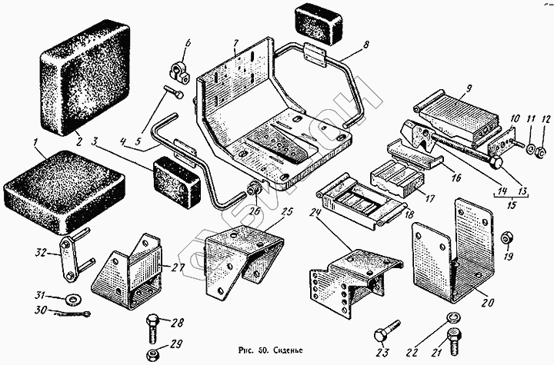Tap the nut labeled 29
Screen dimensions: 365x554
tap(154, 353)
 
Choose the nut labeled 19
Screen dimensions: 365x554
tap(506, 237)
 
